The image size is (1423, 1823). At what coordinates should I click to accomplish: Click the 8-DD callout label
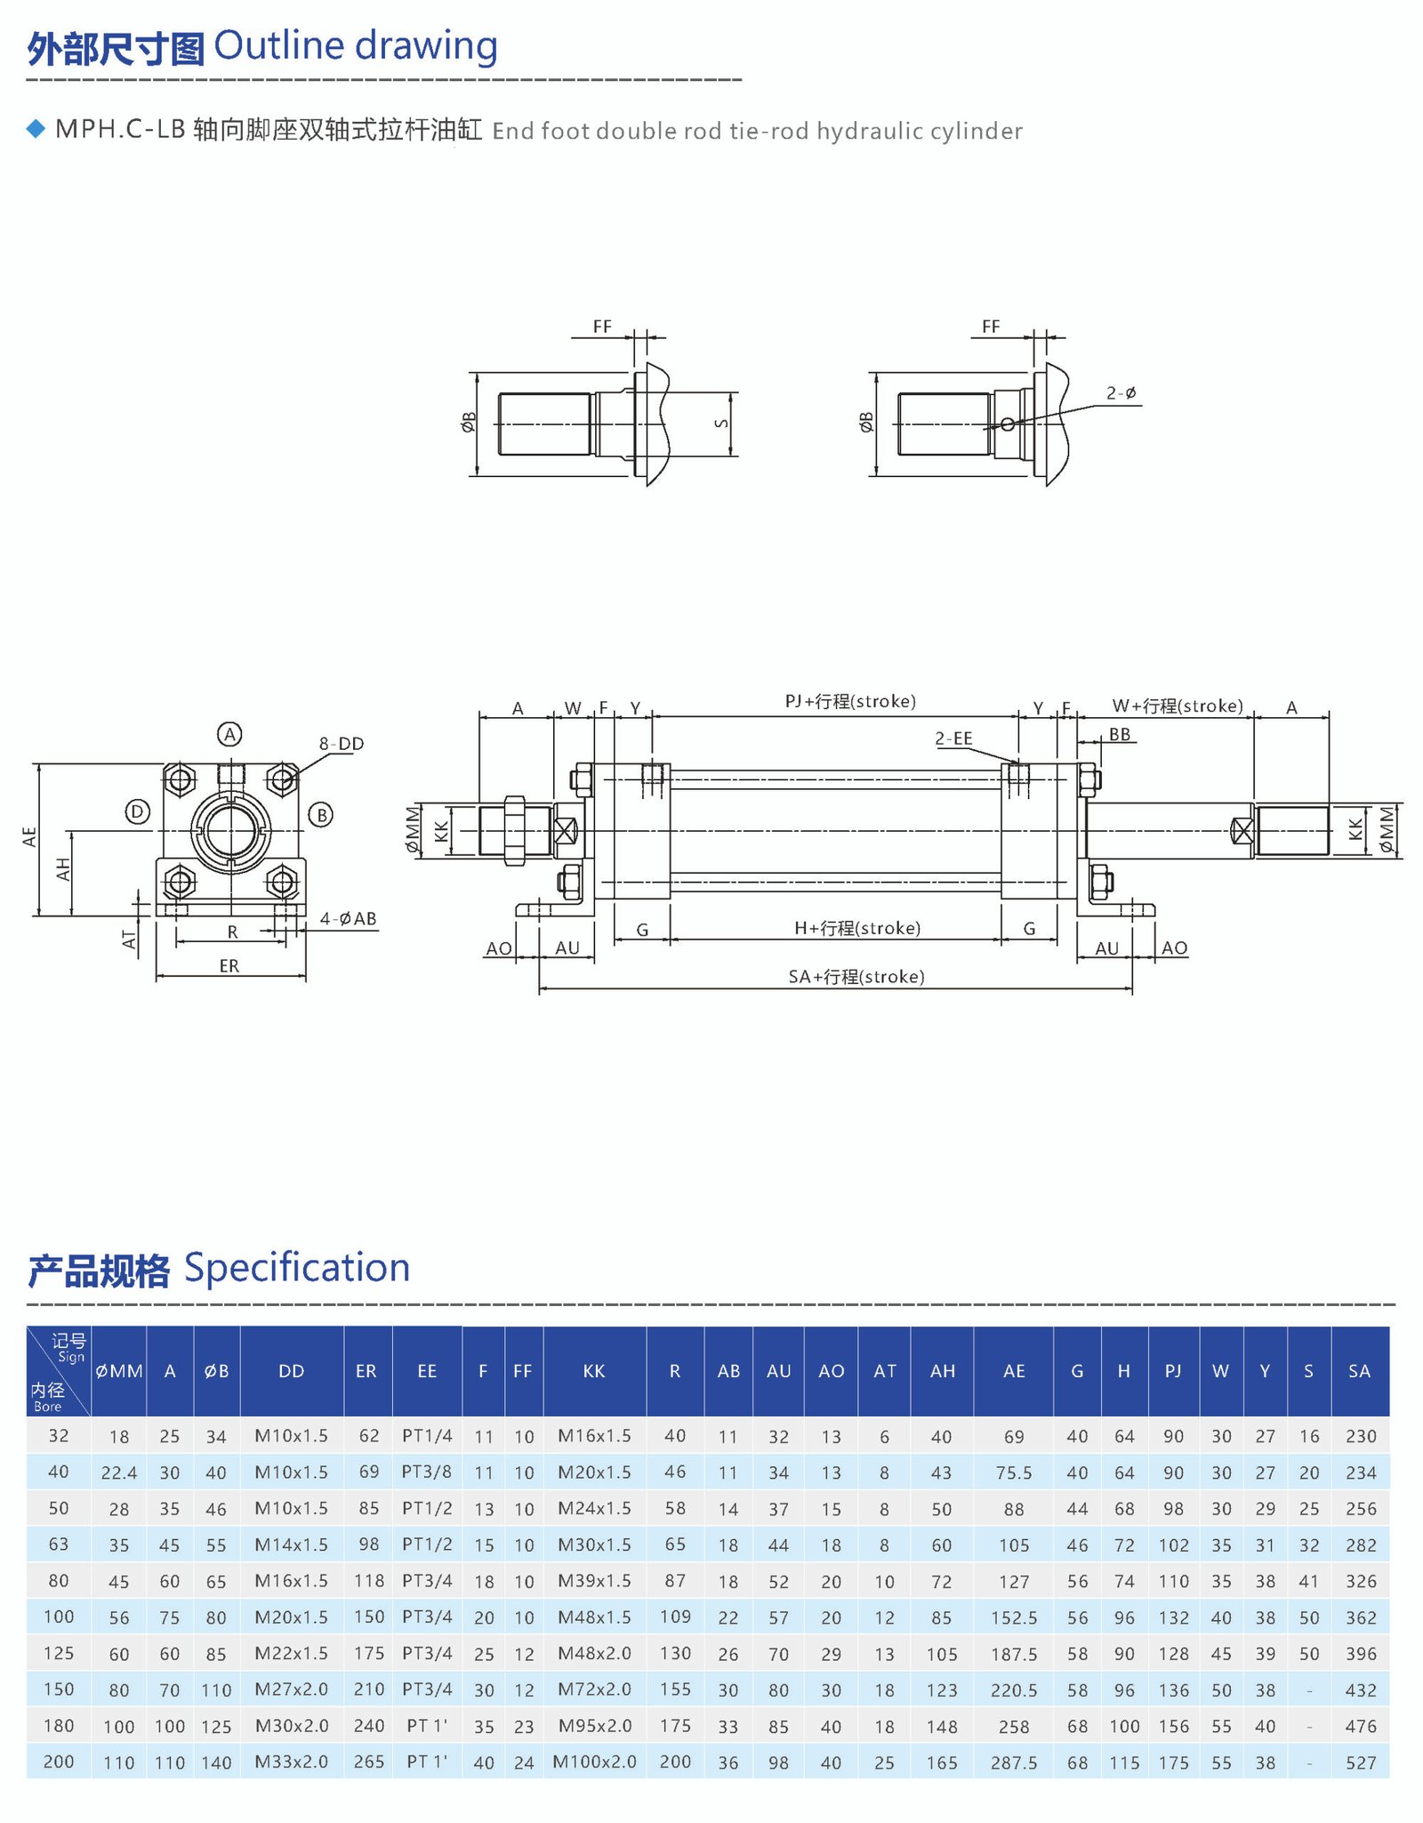[342, 744]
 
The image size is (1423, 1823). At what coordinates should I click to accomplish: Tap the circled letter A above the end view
[229, 734]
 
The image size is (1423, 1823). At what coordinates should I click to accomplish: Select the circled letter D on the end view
[137, 811]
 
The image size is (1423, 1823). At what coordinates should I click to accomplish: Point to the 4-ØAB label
[348, 918]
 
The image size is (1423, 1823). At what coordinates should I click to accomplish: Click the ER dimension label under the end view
[229, 965]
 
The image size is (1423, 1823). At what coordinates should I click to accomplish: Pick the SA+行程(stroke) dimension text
[856, 977]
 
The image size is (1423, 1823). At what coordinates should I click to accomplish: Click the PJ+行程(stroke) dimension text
[849, 701]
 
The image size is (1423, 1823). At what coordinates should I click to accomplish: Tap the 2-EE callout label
[953, 738]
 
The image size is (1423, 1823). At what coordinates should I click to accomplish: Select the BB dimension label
[1119, 734]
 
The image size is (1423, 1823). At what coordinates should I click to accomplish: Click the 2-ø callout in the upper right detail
[1121, 392]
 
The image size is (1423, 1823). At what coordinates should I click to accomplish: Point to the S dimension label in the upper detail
[722, 423]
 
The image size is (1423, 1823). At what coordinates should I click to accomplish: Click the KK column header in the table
[594, 1371]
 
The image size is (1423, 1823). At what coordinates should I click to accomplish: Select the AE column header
[1014, 1371]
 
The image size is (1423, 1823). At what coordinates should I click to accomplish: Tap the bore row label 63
[59, 1545]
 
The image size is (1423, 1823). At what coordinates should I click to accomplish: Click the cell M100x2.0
[595, 1762]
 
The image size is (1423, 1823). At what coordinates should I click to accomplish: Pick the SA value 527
[1361, 1763]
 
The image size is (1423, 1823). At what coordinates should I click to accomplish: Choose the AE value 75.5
[1014, 1472]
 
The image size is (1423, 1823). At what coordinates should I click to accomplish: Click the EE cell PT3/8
[427, 1472]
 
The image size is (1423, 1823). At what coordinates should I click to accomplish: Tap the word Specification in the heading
[297, 1268]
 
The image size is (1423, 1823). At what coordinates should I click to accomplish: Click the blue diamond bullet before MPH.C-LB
[36, 129]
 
